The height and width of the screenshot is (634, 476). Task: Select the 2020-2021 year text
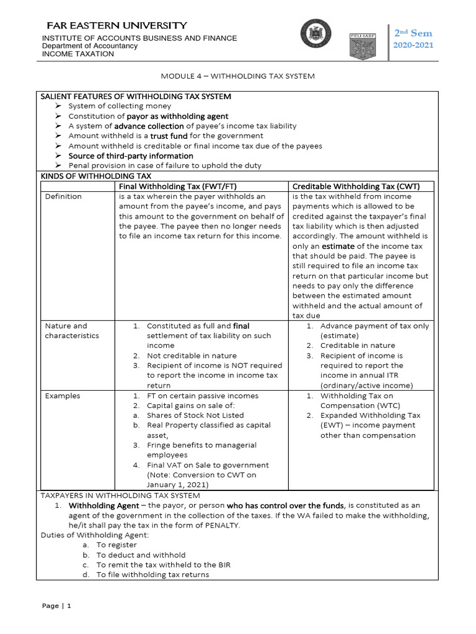tap(413, 45)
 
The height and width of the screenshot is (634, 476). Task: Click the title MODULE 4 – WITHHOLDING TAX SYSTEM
tap(238, 76)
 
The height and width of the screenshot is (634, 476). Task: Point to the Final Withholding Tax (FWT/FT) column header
tap(178, 186)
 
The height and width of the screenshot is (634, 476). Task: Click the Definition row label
tap(63, 196)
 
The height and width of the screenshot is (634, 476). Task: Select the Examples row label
tap(62, 396)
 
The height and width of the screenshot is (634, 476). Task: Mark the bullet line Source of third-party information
tap(130, 155)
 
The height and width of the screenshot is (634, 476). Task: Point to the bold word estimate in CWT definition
tap(338, 246)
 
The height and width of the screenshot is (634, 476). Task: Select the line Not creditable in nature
tap(192, 355)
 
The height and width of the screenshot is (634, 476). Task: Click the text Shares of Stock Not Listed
tap(195, 415)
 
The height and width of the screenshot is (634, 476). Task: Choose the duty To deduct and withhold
tap(141, 555)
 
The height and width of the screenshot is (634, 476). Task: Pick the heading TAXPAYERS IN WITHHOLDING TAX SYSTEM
tap(120, 495)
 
